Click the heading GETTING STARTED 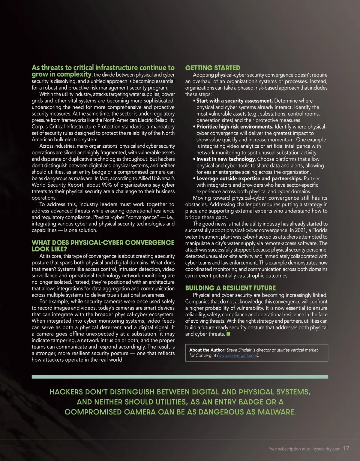coord(213,68)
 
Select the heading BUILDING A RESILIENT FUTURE coord(230,288)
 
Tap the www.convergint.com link coord(238,356)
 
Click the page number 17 coord(346,448)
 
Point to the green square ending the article coord(228,334)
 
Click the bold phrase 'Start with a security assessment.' coord(234,101)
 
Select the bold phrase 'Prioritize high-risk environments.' coord(235,127)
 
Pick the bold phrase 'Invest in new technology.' coord(226,159)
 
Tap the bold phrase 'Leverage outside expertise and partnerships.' coord(249,179)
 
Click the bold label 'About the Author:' coord(207,350)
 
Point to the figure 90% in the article coord(107,185)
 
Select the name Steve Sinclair coord(239,350)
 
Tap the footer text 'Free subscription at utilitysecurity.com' coord(304,449)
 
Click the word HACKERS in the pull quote coord(66,392)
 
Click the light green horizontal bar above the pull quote coord(180,377)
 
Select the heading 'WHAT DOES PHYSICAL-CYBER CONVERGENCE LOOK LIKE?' coord(103,246)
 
